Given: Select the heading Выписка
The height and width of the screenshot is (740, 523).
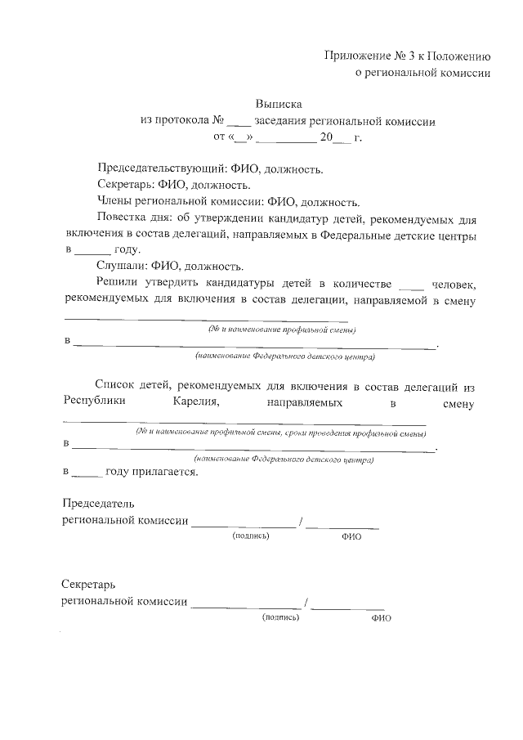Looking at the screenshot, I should [x=279, y=105].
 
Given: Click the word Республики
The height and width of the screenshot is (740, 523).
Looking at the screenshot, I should [x=96, y=402].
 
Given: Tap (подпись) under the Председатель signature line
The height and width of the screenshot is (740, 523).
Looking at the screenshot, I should [x=251, y=536].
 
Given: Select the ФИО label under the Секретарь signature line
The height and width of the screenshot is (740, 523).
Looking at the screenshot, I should [x=382, y=619].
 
